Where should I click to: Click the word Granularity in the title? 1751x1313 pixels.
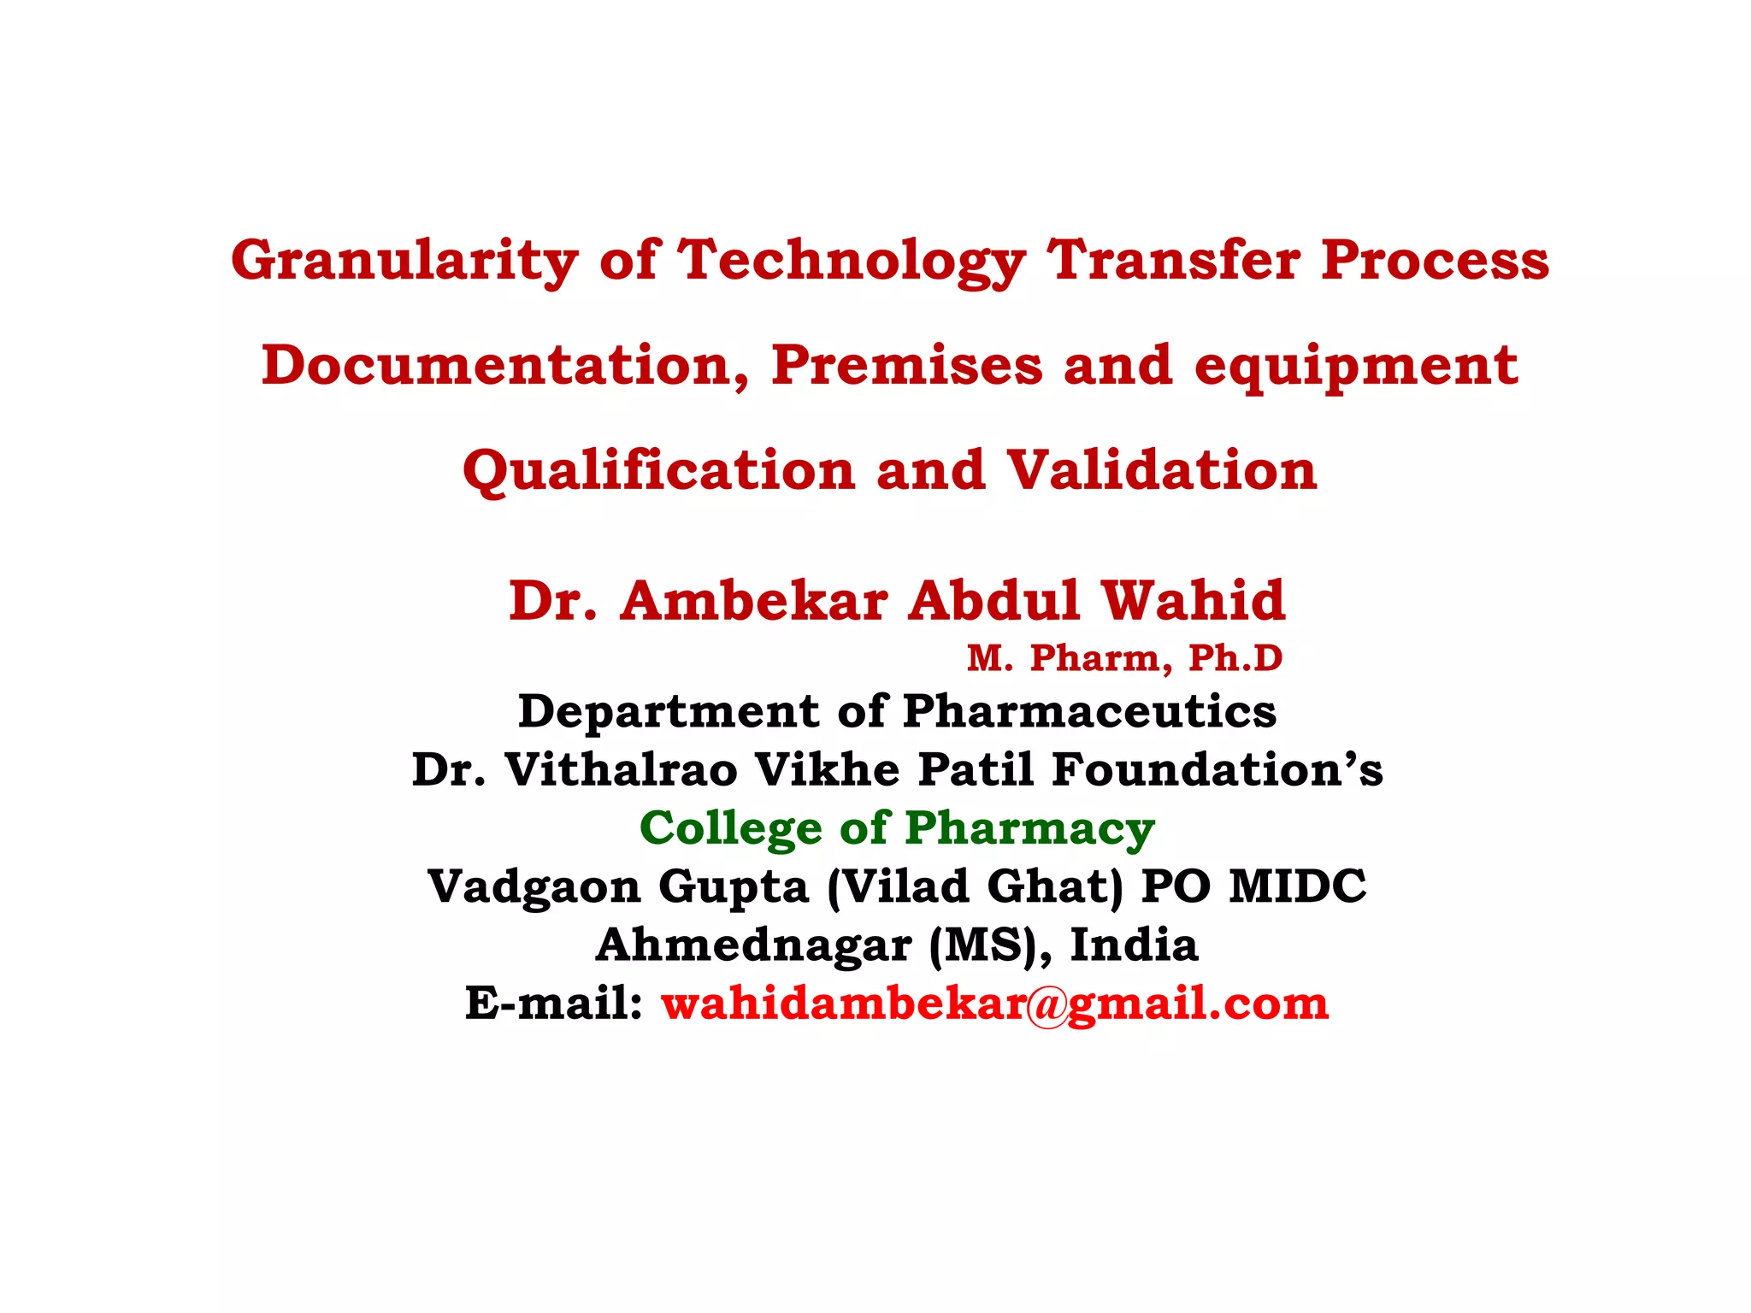pyautogui.click(x=404, y=260)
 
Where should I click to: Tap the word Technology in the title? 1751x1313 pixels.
pyautogui.click(x=851, y=260)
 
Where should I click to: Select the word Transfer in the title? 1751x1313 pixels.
pyautogui.click(x=1173, y=260)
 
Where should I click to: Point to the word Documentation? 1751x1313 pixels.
pyautogui.click(x=505, y=366)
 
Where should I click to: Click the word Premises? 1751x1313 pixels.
pyautogui.click(x=906, y=366)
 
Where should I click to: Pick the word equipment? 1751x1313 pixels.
pyautogui.click(x=1356, y=366)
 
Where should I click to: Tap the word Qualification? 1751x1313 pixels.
pyautogui.click(x=658, y=471)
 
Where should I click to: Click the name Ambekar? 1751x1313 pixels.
pyautogui.click(x=754, y=600)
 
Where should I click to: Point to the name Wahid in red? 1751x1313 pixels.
pyautogui.click(x=1193, y=600)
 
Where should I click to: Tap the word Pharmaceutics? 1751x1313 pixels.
pyautogui.click(x=1089, y=711)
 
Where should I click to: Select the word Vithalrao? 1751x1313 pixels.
pyautogui.click(x=621, y=769)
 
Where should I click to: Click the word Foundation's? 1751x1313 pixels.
pyautogui.click(x=1217, y=769)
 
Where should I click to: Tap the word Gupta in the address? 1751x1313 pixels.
pyautogui.click(x=733, y=886)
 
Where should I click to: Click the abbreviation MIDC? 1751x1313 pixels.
pyautogui.click(x=1297, y=886)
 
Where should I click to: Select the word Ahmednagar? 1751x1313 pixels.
pyautogui.click(x=753, y=945)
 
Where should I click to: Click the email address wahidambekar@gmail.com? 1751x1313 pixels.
pyautogui.click(x=994, y=1004)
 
